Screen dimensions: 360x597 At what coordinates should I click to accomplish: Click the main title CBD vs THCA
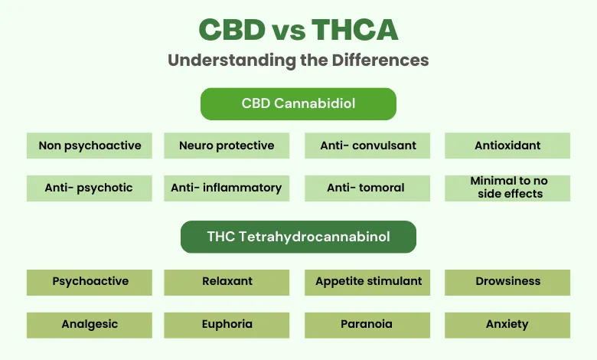point(298,30)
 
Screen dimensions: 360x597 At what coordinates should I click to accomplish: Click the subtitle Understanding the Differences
point(298,61)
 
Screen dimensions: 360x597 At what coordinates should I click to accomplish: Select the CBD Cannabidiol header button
point(298,103)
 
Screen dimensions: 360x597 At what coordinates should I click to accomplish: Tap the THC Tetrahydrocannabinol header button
point(298,237)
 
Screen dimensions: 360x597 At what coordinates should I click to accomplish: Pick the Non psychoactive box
point(90,146)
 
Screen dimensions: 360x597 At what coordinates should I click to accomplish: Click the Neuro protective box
point(227,146)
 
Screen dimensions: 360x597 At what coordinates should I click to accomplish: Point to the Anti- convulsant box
point(367,146)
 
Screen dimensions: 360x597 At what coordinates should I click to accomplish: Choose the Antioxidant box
point(507,146)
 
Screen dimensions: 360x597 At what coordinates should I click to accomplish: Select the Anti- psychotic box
point(90,188)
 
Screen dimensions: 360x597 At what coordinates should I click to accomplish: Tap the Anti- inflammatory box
point(227,188)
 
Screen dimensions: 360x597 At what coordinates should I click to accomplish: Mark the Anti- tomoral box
point(367,188)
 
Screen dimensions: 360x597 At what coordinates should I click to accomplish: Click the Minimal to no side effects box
point(507,188)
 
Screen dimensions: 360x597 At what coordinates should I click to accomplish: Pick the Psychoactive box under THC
point(90,282)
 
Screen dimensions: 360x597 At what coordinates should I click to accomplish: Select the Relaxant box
point(227,282)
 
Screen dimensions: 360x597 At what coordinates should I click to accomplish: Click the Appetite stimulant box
point(367,282)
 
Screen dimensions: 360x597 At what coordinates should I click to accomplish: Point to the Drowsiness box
point(507,282)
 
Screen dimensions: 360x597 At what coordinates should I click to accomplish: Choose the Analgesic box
point(90,324)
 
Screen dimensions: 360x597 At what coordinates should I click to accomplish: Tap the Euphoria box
point(227,324)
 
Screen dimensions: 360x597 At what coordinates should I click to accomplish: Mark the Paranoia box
point(367,324)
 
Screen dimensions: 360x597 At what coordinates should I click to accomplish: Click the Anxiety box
point(507,324)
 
